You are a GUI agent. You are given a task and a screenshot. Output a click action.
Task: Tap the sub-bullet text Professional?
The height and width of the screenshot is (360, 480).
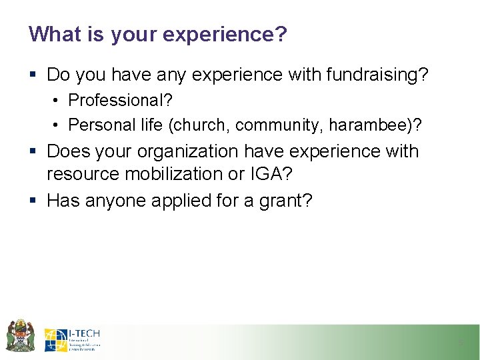(121, 101)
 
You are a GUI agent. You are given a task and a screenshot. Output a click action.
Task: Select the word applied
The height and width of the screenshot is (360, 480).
(189, 200)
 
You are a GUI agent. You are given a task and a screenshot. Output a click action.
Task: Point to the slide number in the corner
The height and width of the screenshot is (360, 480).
(460, 343)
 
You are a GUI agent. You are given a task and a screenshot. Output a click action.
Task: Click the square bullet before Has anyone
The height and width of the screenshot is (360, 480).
(33, 201)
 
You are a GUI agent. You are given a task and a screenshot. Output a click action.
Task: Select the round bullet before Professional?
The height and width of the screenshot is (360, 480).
(58, 101)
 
